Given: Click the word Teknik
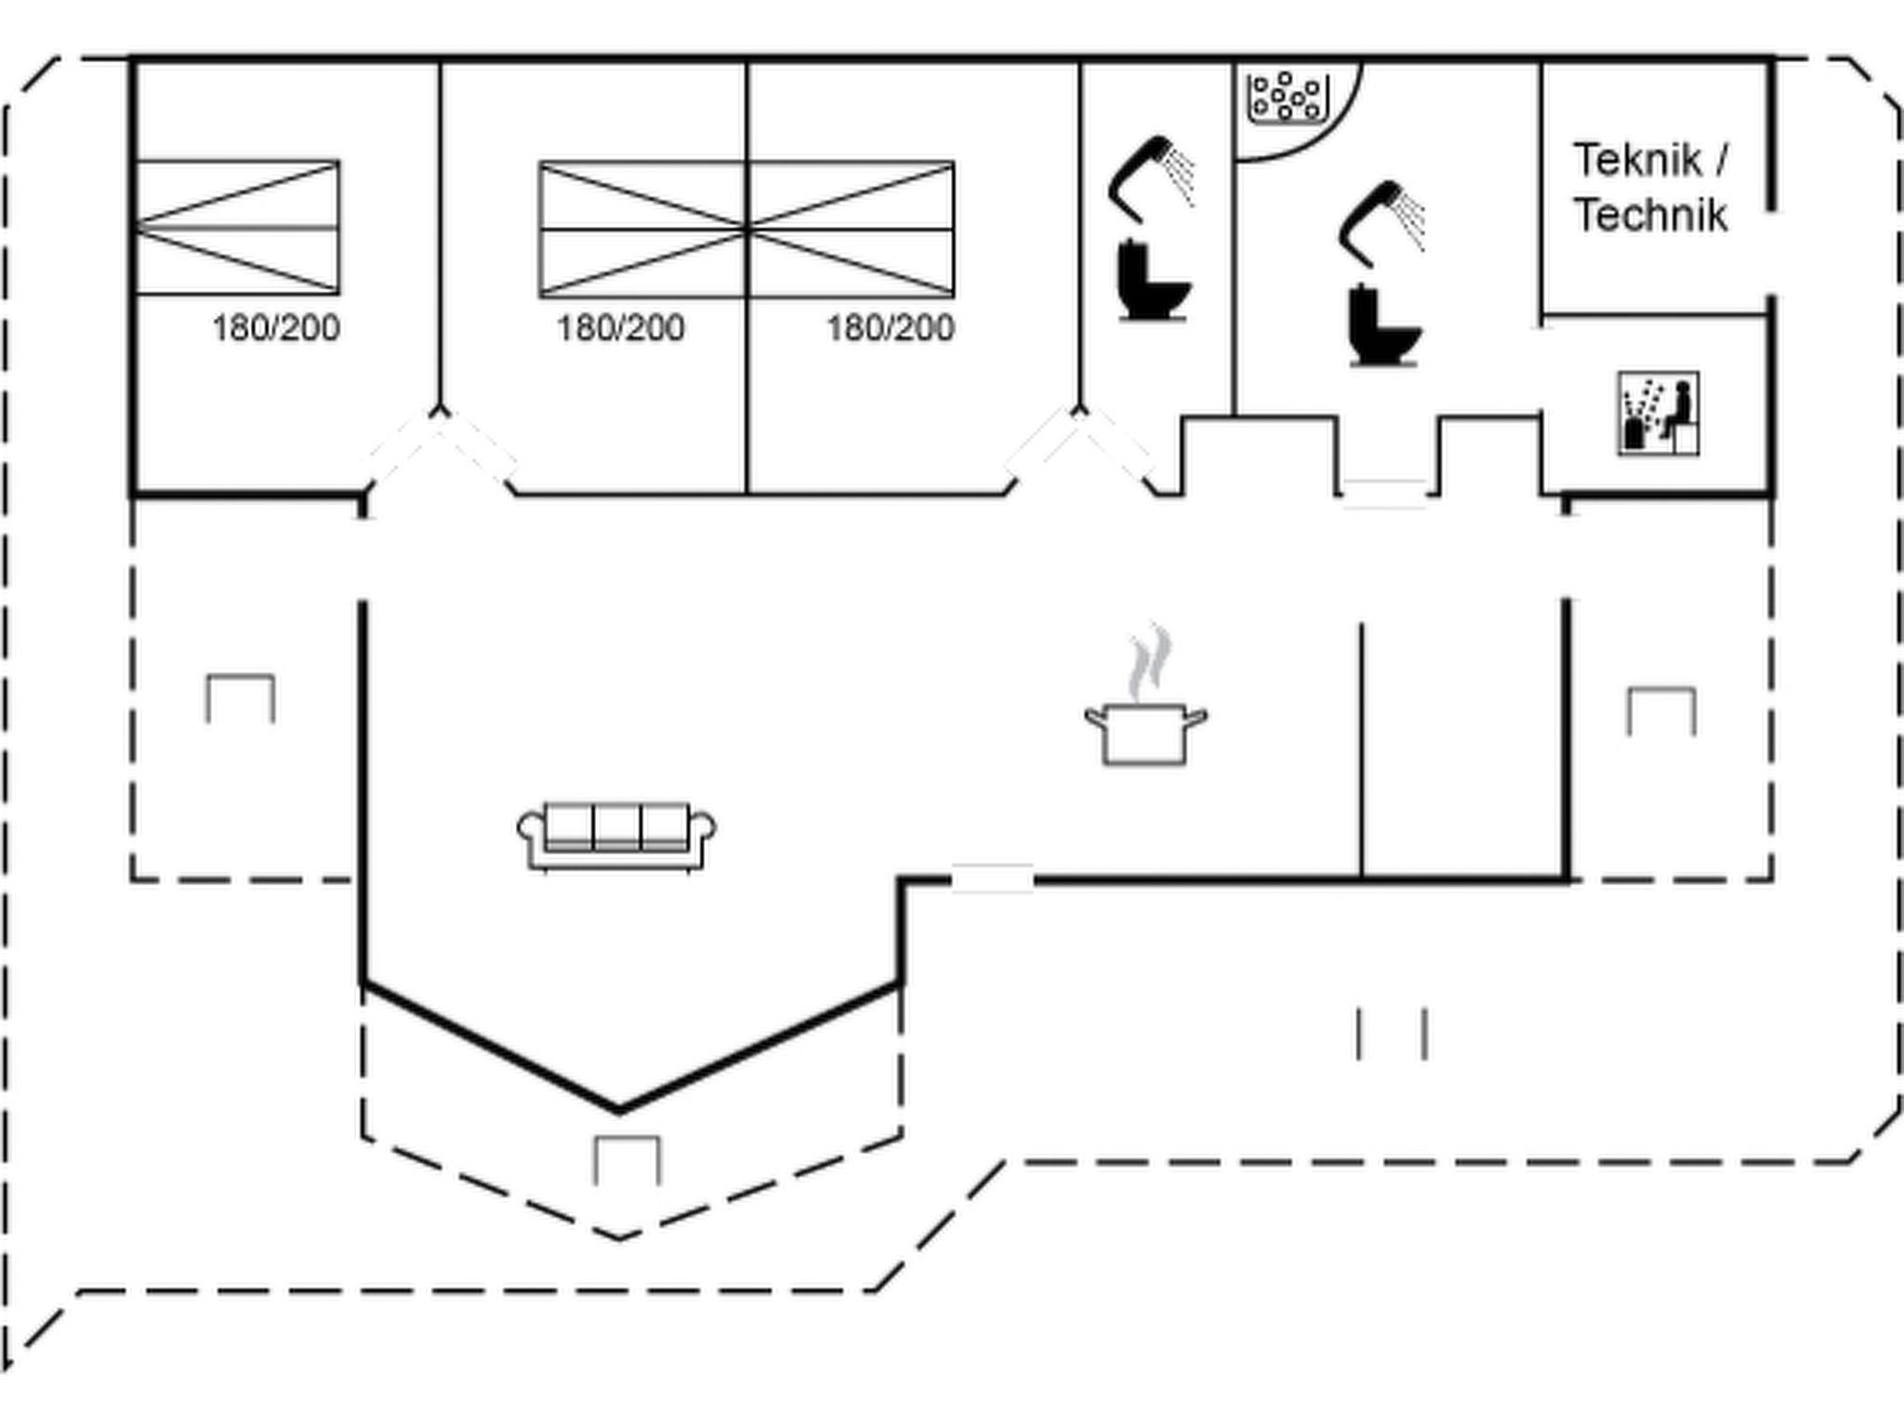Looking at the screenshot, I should pyautogui.click(x=1637, y=161).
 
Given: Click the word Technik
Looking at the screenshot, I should pyautogui.click(x=1650, y=216).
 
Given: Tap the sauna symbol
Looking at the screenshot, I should pyautogui.click(x=1659, y=414).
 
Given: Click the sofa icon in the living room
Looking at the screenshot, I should pyautogui.click(x=616, y=836).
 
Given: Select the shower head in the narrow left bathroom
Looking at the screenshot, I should pyautogui.click(x=1151, y=177).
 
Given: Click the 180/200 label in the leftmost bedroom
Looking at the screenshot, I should pyautogui.click(x=276, y=328).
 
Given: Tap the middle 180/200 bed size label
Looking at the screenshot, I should pyautogui.click(x=620, y=328).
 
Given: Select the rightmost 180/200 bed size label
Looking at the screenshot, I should pyautogui.click(x=891, y=328).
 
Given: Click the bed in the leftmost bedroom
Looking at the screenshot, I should pyautogui.click(x=237, y=228).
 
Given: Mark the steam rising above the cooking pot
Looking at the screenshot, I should pyautogui.click(x=1149, y=662).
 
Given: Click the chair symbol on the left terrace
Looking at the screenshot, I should pyautogui.click(x=240, y=698).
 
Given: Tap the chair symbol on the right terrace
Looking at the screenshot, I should pyautogui.click(x=1660, y=711).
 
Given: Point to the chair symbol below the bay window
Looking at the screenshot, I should pyautogui.click(x=628, y=1160).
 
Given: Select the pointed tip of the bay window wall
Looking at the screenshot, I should pyautogui.click(x=620, y=1108).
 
